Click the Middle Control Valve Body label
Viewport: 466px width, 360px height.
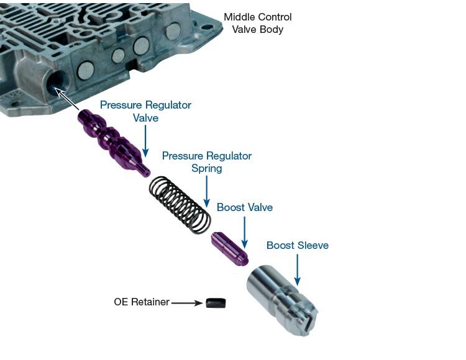tap(258, 23)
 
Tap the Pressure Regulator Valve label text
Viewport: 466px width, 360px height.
tap(145, 111)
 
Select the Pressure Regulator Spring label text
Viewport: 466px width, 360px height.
tap(207, 161)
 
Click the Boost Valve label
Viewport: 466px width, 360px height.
tap(245, 207)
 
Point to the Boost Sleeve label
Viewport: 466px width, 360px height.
tap(298, 245)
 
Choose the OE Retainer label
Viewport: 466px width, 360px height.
tap(141, 302)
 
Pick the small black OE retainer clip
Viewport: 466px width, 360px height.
tap(216, 303)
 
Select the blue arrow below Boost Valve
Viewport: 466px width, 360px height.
tap(245, 233)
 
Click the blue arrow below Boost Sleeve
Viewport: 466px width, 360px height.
tap(297, 269)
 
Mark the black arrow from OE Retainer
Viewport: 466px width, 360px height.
tap(187, 303)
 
